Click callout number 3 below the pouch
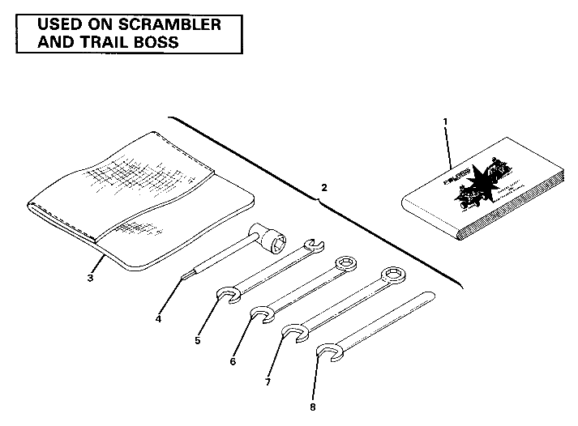tap(91, 278)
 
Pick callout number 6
tap(233, 360)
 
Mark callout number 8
tap(312, 406)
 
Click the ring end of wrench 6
tap(345, 264)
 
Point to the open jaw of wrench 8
tap(327, 351)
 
